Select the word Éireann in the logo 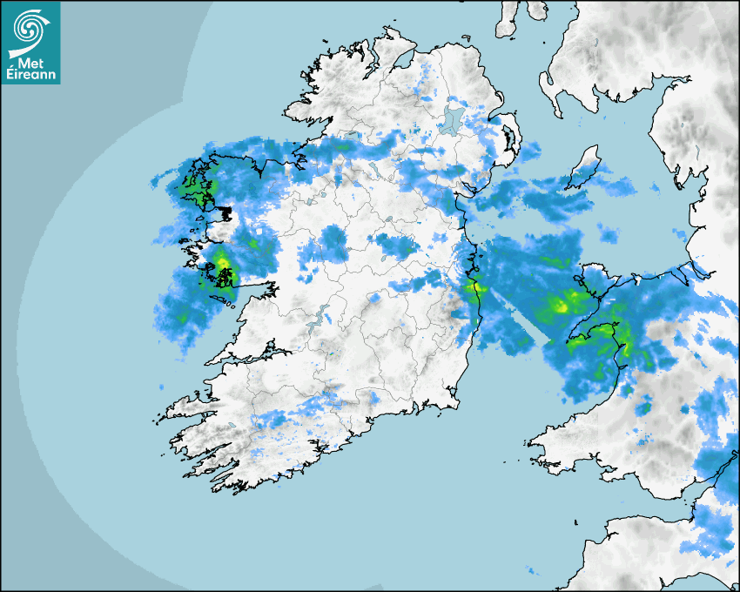tap(31, 75)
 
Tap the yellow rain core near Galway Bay tap(222, 262)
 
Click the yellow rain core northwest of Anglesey tap(562, 305)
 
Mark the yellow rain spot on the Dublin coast tap(475, 287)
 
